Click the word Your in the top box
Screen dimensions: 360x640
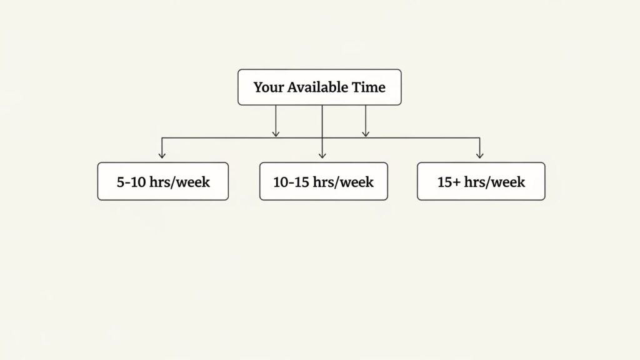(x=269, y=87)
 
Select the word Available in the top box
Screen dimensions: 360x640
(x=317, y=87)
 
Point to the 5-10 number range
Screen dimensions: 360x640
(x=131, y=182)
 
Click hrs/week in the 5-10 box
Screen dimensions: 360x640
(x=180, y=182)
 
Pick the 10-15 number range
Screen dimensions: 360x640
(x=291, y=182)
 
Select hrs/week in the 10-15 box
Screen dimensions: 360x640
(x=343, y=182)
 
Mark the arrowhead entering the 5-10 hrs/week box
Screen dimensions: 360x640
(x=162, y=156)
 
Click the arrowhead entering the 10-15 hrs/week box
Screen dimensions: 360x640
(x=322, y=156)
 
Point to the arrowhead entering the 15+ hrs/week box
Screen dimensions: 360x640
(x=479, y=156)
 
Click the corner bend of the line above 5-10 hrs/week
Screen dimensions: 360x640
(x=162, y=137)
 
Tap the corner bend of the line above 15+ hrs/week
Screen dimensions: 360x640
(x=479, y=137)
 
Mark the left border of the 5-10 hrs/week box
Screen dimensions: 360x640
(x=97, y=181)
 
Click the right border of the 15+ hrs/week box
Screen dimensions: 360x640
(x=545, y=181)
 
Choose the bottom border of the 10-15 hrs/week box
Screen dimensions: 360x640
(x=323, y=200)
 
